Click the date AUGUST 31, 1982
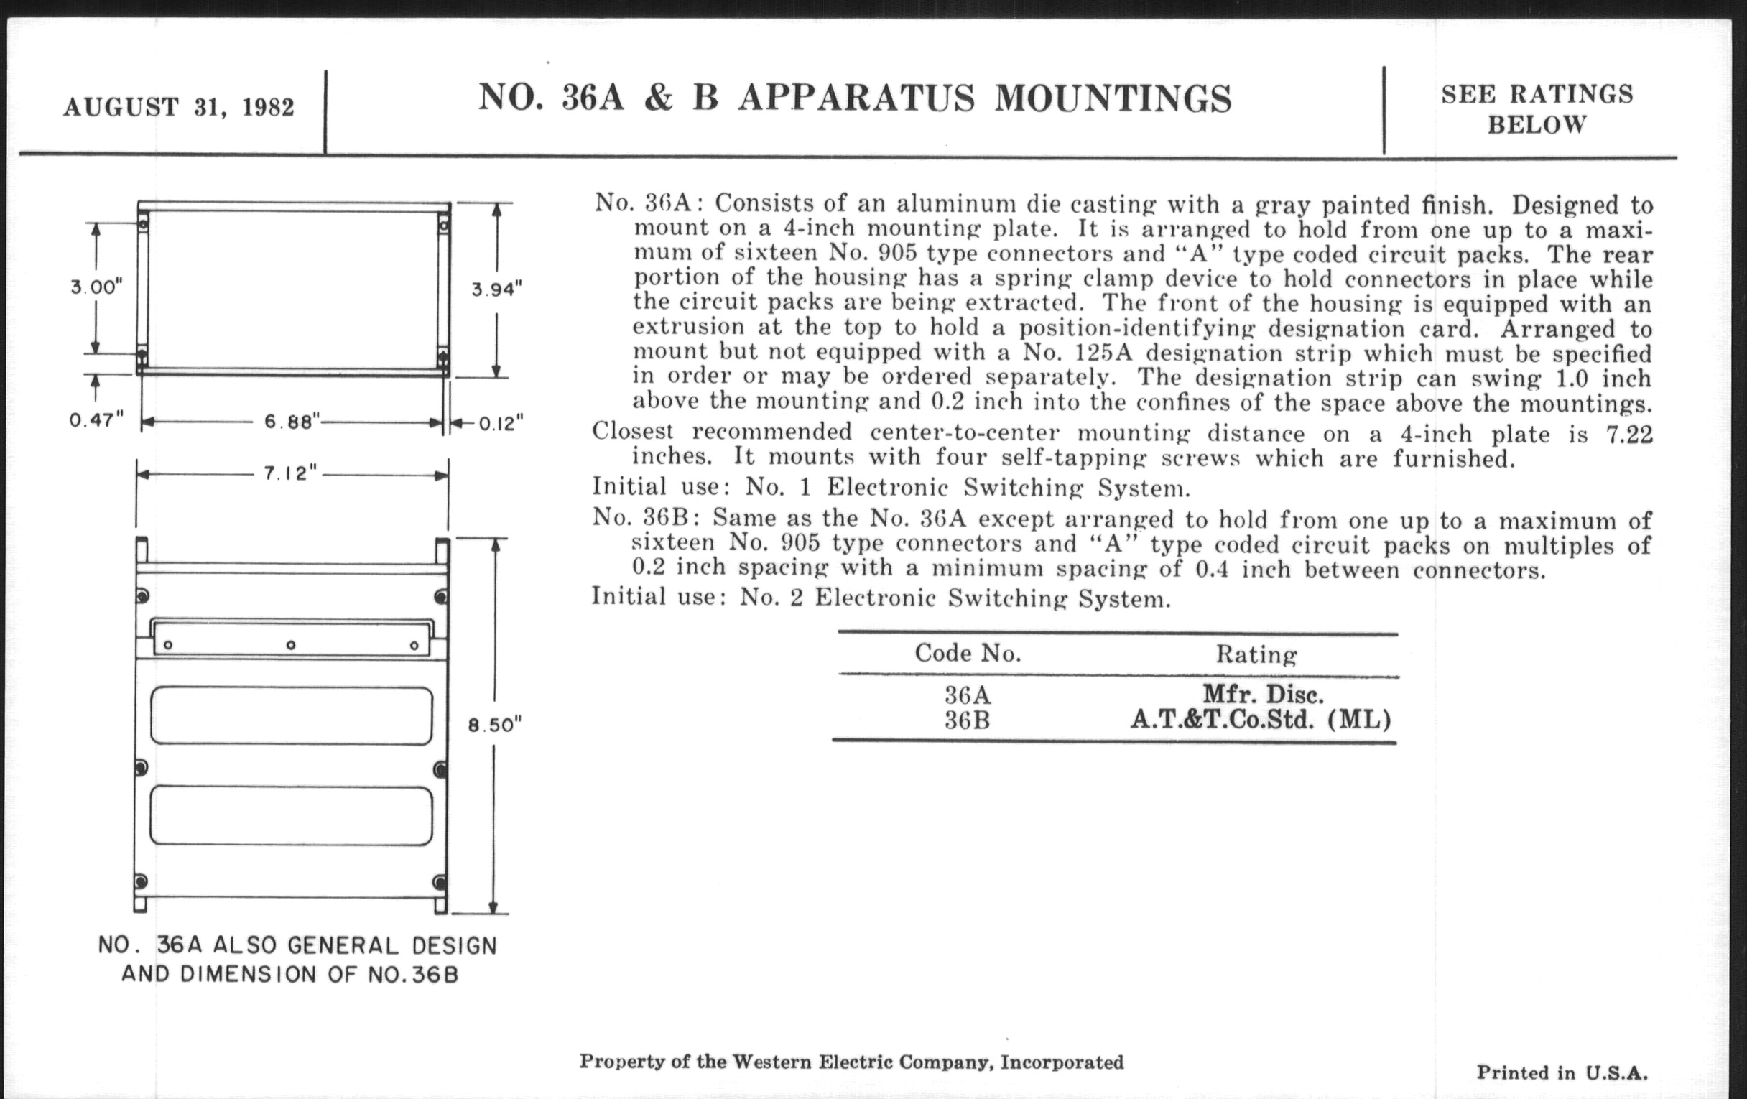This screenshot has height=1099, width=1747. pyautogui.click(x=178, y=107)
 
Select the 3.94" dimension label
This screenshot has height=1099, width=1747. pyautogui.click(x=497, y=289)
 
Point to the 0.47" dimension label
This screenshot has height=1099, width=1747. pyautogui.click(x=96, y=420)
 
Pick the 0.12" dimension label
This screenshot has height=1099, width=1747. pyautogui.click(x=501, y=423)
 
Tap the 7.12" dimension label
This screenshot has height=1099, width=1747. pyautogui.click(x=290, y=473)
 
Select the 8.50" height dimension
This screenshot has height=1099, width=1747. pyautogui.click(x=495, y=725)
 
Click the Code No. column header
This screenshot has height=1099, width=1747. pyautogui.click(x=968, y=654)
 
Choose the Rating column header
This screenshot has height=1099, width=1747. pyautogui.click(x=1256, y=654)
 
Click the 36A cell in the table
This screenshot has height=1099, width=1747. pyautogui.click(x=967, y=695)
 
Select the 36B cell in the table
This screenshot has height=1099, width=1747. pyautogui.click(x=967, y=720)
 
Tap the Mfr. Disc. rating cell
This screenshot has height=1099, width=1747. pyautogui.click(x=1263, y=694)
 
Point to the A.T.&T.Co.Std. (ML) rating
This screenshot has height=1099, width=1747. pyautogui.click(x=1261, y=720)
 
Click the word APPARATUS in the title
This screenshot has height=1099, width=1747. pyautogui.click(x=856, y=98)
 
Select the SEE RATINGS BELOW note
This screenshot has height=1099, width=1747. pyautogui.click(x=1537, y=109)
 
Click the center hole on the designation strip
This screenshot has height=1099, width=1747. pyautogui.click(x=291, y=645)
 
